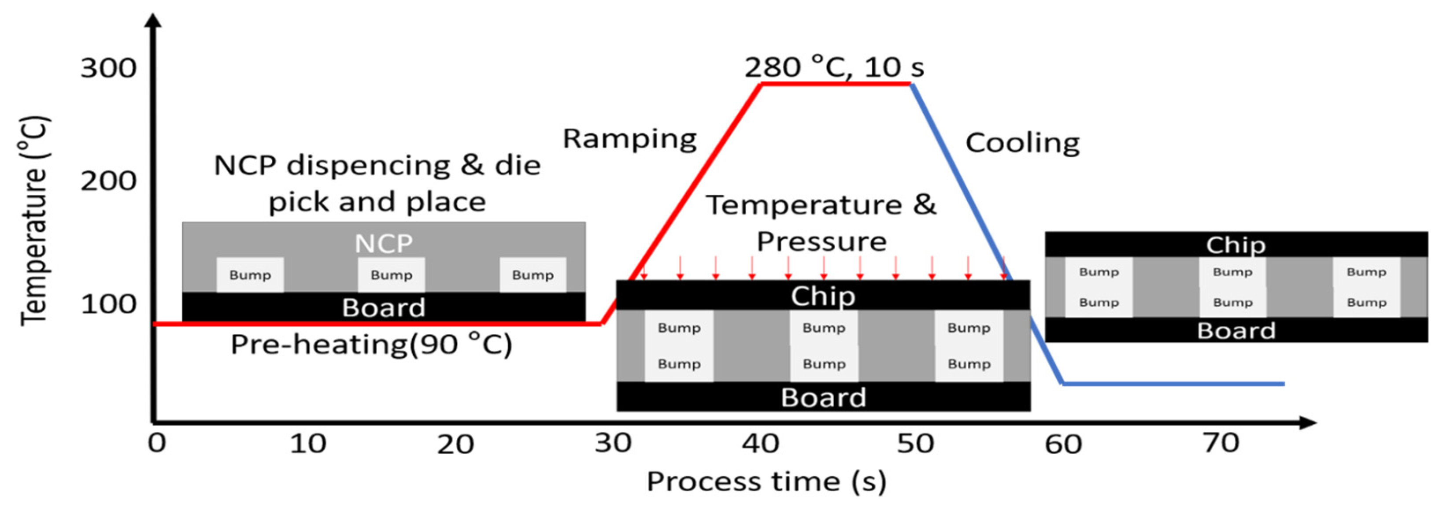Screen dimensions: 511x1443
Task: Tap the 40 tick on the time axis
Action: point(760,444)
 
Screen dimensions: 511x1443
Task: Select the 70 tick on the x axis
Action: point(1221,443)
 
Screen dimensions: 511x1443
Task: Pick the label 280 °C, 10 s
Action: point(833,67)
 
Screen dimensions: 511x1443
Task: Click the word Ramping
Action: point(629,138)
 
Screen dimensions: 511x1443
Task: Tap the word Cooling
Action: point(1022,143)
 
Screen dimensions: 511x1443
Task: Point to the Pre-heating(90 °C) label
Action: point(371,344)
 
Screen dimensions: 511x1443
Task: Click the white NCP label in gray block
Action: point(384,243)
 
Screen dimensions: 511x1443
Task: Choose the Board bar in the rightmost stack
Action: point(1236,330)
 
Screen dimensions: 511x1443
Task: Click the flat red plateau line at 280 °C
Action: point(835,84)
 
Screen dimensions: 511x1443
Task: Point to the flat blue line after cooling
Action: point(1173,384)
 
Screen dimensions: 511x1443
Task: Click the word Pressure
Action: point(822,241)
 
